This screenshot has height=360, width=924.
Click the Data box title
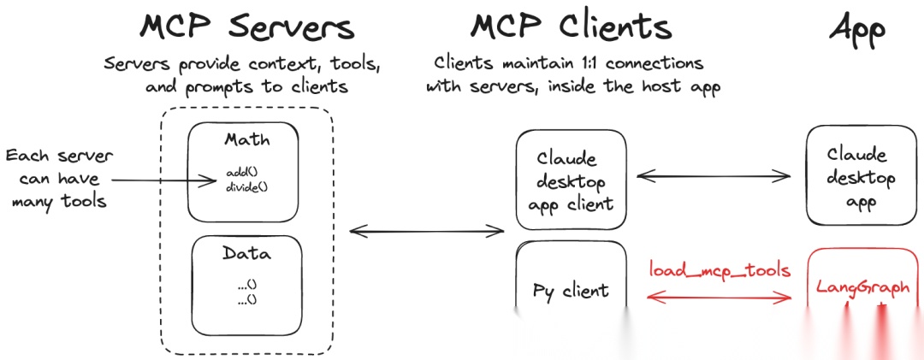(246, 254)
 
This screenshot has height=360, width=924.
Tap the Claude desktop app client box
(572, 181)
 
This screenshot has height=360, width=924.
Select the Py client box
(571, 291)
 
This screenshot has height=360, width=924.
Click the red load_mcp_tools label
(720, 270)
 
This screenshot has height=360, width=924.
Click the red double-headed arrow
(720, 298)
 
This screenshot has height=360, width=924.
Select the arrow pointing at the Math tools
(163, 180)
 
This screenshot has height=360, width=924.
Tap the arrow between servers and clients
(426, 229)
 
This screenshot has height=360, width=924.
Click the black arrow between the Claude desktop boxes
(714, 175)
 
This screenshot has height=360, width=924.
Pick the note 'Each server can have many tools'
(58, 179)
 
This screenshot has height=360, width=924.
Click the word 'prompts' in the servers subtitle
(231, 86)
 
